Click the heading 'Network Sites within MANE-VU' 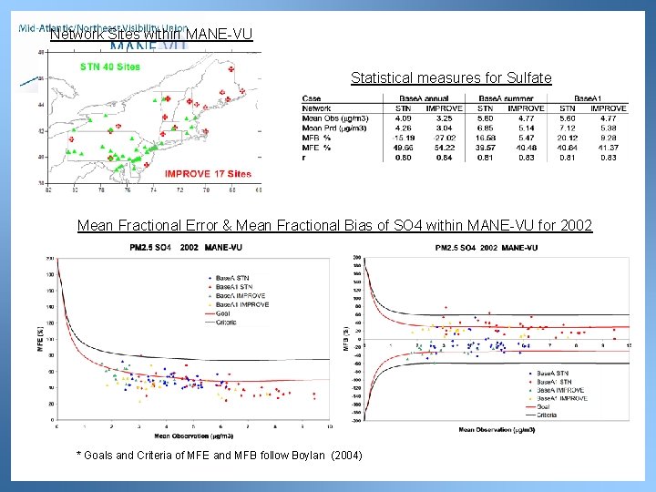[150, 35]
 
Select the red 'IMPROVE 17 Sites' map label [208, 173]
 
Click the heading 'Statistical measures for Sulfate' [451, 78]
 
